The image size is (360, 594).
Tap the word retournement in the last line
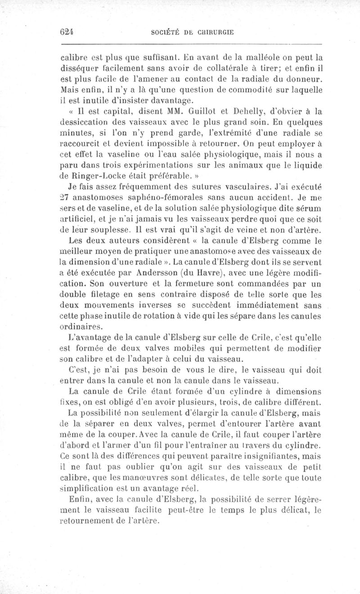point(92,521)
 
